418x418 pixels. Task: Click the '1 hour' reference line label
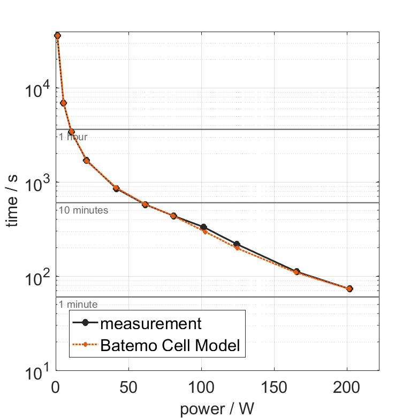73,137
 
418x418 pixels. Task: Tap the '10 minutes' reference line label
83,210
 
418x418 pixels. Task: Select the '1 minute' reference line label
78,305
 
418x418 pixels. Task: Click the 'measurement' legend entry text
151,323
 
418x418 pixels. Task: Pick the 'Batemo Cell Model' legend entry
171,346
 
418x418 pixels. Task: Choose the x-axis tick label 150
274,387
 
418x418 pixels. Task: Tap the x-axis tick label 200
347,387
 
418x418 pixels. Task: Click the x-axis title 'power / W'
217,409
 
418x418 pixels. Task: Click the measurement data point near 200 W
349,288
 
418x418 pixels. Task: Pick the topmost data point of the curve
57,35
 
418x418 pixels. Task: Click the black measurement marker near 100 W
203,227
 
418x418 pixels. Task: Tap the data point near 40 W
116,188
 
